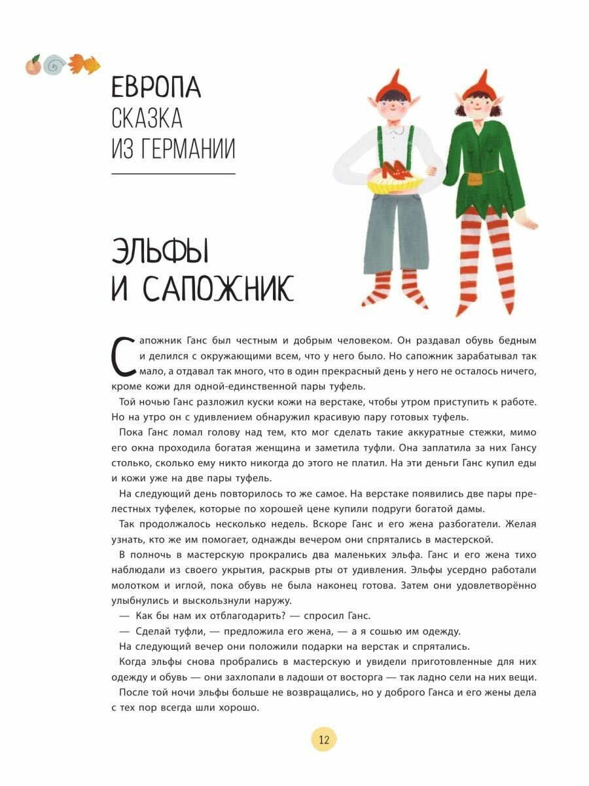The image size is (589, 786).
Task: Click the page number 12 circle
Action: (x=324, y=739)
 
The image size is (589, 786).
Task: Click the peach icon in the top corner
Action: (x=32, y=65)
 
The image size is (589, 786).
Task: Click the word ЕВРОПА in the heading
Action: (x=156, y=88)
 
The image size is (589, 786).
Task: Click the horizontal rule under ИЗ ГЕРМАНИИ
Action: (x=173, y=174)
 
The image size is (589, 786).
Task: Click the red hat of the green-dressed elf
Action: (x=476, y=79)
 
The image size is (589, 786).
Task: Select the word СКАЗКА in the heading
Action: (x=147, y=119)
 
